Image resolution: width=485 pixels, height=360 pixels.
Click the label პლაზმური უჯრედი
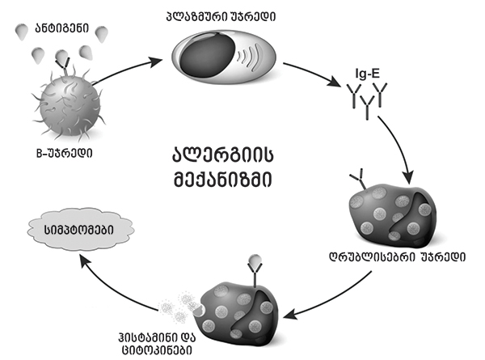tap(229, 15)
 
